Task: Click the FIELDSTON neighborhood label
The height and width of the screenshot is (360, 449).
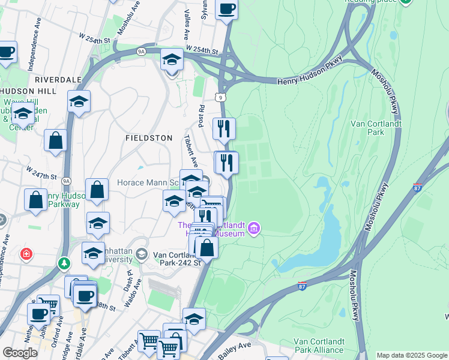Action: (x=148, y=137)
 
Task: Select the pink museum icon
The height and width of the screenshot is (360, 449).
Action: (x=253, y=229)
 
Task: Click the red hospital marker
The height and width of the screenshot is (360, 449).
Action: (x=26, y=254)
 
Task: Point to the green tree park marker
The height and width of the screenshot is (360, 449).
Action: (x=64, y=263)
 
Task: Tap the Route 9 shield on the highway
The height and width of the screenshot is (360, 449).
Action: (x=220, y=97)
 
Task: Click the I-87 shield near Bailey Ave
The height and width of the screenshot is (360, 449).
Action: (x=302, y=284)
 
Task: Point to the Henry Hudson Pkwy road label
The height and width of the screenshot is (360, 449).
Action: (x=308, y=80)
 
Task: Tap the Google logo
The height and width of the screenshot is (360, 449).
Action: (x=20, y=353)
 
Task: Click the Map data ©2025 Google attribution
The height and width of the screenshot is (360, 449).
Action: (x=412, y=355)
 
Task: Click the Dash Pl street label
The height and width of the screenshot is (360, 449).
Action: (x=128, y=279)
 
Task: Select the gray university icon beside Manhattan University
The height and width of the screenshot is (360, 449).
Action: (x=141, y=253)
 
